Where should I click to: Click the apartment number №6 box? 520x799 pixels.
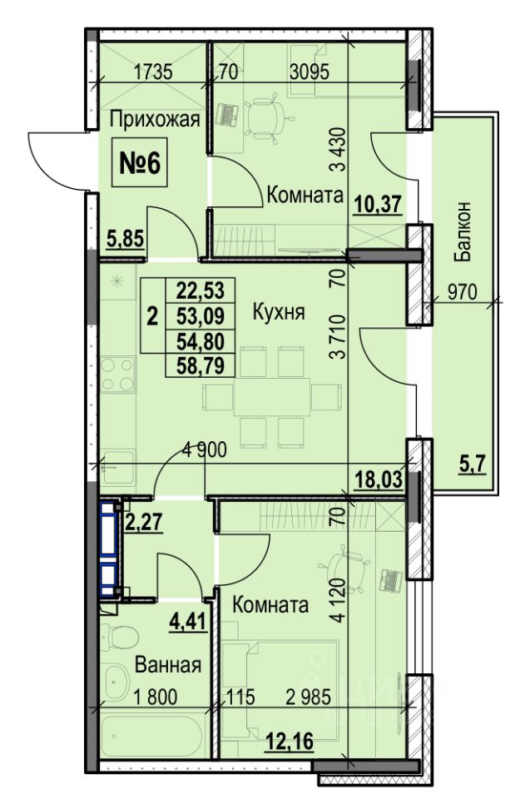[x=140, y=164]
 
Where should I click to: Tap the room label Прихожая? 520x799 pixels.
[x=154, y=120]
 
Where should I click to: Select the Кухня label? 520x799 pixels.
[x=279, y=311]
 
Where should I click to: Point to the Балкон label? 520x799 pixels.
[x=463, y=232]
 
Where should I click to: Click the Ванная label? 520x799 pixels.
[x=168, y=664]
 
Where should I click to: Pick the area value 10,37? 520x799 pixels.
[x=379, y=205]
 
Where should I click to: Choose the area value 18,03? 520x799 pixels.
[x=379, y=479]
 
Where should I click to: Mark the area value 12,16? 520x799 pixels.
[x=290, y=741]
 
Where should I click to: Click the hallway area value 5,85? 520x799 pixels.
[x=126, y=238]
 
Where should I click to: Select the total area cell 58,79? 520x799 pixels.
[x=201, y=365]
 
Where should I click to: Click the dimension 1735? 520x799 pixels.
[x=153, y=72]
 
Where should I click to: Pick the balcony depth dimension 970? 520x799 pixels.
[x=463, y=292]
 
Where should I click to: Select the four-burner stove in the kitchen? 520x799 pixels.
[x=117, y=374]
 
